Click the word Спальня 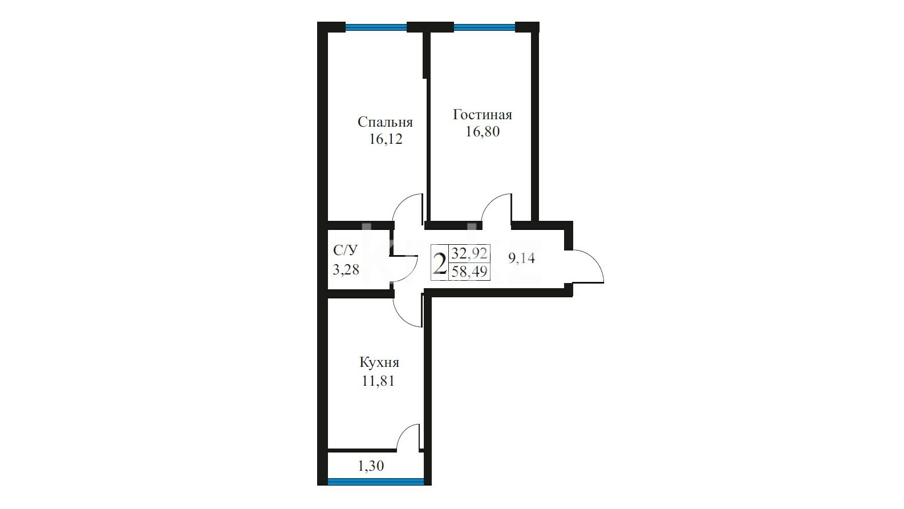coord(385,122)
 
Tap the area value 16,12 coord(386,139)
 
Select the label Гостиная coord(483,115)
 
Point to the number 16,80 coord(483,132)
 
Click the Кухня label coord(379,362)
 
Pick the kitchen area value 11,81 coord(378,381)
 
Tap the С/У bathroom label coord(345,251)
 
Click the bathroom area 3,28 coord(346,269)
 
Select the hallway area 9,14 coord(522,257)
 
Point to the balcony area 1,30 coord(371,466)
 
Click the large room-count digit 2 coord(440,263)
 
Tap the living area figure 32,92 coord(469,253)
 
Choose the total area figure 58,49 coord(469,272)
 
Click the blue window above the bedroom coord(376,27)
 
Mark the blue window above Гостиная coord(485,27)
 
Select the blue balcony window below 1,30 coord(376,481)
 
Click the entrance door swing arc coord(593,259)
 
